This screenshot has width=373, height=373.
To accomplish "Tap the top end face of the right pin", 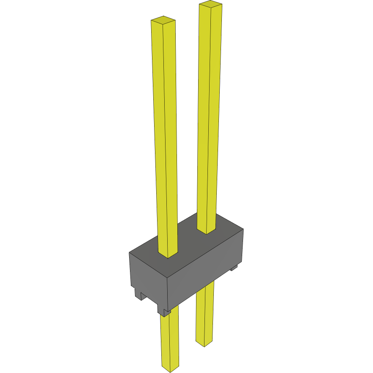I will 210,5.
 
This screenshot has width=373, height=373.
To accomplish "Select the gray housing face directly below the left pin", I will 148,275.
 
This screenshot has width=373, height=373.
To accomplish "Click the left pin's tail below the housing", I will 170,339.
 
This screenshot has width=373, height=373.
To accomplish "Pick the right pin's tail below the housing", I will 204,313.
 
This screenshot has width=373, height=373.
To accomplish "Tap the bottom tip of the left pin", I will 170,369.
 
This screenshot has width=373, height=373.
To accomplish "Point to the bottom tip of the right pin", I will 204,344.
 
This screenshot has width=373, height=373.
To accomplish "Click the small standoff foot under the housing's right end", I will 233,268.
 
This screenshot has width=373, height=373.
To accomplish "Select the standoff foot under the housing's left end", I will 138,295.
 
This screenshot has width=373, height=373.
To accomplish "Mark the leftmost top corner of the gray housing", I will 129,253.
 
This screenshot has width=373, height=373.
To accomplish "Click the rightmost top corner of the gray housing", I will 243,229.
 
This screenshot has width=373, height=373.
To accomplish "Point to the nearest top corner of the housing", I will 167,279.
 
